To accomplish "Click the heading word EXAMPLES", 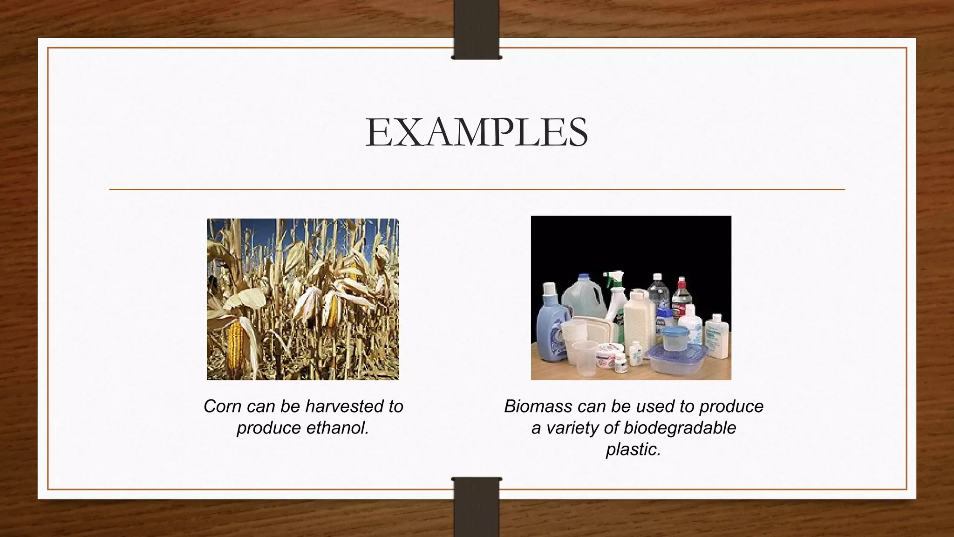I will click(x=477, y=132).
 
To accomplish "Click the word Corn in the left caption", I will click(x=223, y=406).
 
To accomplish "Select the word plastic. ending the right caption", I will click(x=633, y=449).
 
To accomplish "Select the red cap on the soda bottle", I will click(x=681, y=282).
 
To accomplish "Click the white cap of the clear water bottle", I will click(x=657, y=277).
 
